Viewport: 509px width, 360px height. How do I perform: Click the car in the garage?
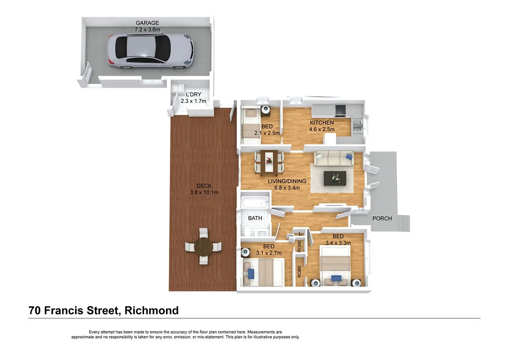point(151,51)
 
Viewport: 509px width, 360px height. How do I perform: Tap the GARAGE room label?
point(147,23)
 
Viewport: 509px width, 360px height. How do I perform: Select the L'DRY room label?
point(193,94)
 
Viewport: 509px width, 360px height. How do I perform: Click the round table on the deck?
point(203,247)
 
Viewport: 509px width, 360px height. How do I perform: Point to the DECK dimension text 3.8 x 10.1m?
point(204,192)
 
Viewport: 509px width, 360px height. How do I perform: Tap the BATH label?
point(255,218)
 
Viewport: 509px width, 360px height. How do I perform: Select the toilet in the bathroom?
point(247,231)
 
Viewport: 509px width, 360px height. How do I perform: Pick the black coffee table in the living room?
point(335,178)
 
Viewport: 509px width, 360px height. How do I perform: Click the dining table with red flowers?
point(269,161)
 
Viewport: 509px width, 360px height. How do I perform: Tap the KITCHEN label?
point(322,123)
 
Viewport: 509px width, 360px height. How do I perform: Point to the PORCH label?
point(382,218)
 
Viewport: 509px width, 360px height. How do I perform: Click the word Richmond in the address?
point(152,311)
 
